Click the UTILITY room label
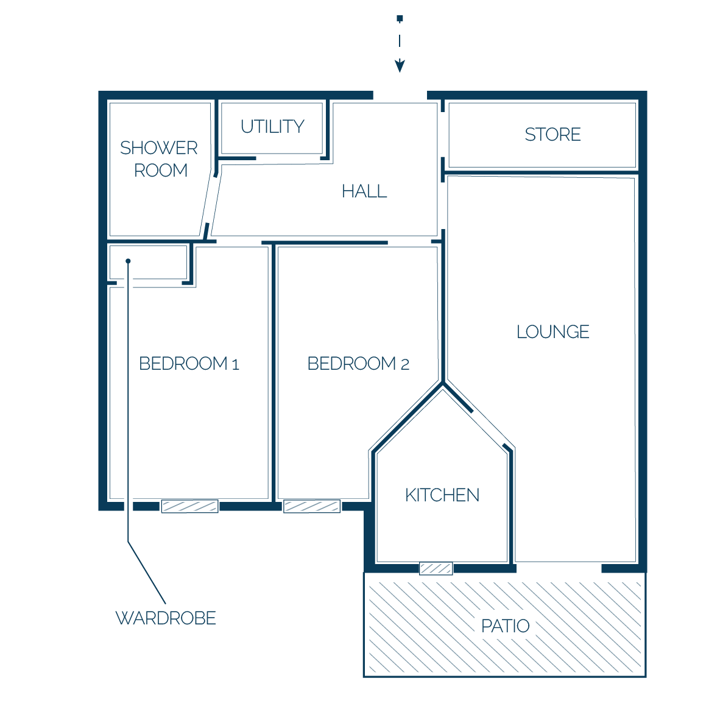coord(272,126)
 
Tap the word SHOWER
coord(159,148)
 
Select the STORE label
coord(553,135)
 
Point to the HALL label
coord(365,191)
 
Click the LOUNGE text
coord(553,331)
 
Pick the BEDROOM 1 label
coord(189,364)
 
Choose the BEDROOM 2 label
coord(358,364)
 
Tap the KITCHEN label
coord(442,495)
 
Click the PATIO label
coord(505,626)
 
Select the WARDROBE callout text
coord(166,618)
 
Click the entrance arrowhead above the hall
coord(400,66)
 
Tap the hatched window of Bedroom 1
coord(189,506)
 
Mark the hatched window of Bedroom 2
coord(312,506)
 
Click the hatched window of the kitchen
coord(436,568)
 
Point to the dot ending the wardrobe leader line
coord(128,261)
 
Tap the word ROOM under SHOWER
coord(161,171)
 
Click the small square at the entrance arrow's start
coord(400,18)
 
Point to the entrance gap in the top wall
coord(400,96)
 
